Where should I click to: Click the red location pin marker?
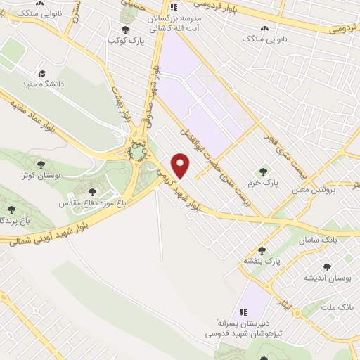181,166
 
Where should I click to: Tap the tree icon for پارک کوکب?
126,29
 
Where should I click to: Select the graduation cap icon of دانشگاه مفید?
42,73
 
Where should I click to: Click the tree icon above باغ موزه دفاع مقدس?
93,191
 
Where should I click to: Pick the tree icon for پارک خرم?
264,171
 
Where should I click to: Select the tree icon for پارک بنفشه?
262,250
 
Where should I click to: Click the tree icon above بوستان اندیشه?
327,267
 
